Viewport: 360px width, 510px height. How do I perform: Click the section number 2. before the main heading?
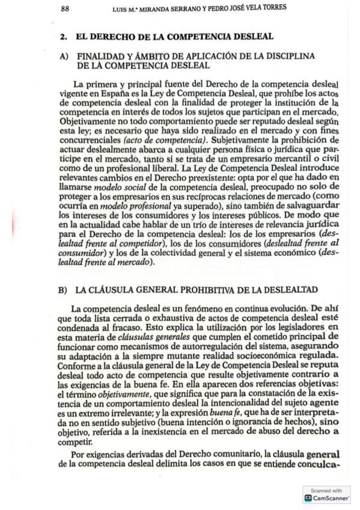click(64, 37)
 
